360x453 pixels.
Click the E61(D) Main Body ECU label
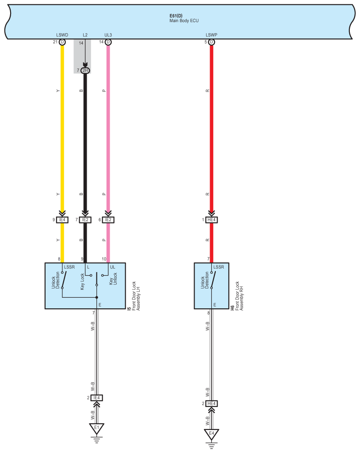[184, 18]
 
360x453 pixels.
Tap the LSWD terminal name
[62, 35]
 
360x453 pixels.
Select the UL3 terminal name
[108, 35]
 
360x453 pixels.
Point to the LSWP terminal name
[211, 35]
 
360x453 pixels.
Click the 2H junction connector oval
[85, 70]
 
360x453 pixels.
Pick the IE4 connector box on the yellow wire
[62, 220]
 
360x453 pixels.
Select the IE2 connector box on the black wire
[85, 220]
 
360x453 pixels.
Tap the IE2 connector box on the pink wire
[108, 220]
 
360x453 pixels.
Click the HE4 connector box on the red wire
[211, 220]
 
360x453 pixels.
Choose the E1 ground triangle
[96, 428]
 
